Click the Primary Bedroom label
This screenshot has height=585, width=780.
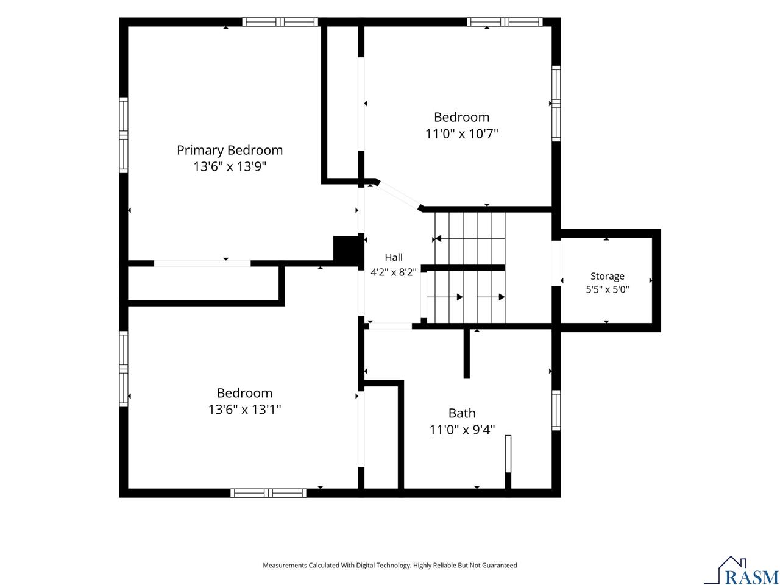[230, 151]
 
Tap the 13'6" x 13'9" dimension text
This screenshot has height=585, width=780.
[230, 166]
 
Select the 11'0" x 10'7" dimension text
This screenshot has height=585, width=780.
[462, 133]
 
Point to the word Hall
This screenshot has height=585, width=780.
[394, 257]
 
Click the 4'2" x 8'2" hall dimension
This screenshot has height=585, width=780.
[394, 272]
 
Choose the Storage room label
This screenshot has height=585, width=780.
[608, 276]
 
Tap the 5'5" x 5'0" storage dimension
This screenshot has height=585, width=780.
[608, 289]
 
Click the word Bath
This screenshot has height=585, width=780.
[462, 413]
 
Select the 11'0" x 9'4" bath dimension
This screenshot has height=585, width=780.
[462, 430]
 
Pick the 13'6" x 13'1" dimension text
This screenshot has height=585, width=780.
[244, 409]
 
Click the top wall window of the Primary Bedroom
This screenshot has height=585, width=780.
[280, 22]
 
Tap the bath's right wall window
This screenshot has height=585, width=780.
[556, 410]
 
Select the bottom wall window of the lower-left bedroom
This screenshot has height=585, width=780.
[268, 492]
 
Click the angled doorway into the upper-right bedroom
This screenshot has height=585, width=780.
[399, 195]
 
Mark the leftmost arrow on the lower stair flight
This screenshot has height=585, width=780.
[445, 297]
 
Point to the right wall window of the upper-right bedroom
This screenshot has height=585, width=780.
[556, 104]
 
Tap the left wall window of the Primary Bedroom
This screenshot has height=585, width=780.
[123, 135]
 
